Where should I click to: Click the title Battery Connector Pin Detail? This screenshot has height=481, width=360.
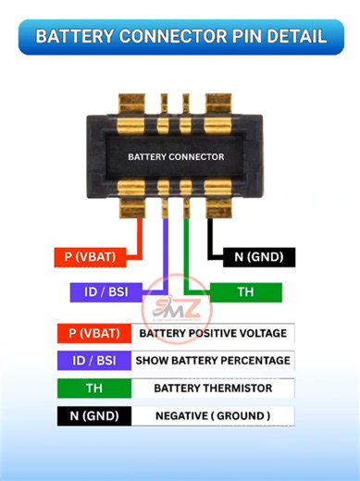coord(180,37)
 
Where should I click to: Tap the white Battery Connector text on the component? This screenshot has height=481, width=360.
coord(176,157)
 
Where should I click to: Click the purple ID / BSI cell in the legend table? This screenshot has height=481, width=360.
coord(93,361)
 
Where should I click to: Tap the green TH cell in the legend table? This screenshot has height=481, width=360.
coord(93,388)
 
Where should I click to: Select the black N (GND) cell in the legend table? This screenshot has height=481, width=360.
coord(93,416)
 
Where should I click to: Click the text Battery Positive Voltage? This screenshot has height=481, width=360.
coord(213,333)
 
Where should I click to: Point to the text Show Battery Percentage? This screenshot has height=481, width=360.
coord(213,361)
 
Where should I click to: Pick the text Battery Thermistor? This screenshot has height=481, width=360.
coord(213,388)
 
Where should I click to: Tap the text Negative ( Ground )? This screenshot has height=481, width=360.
coord(213,416)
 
